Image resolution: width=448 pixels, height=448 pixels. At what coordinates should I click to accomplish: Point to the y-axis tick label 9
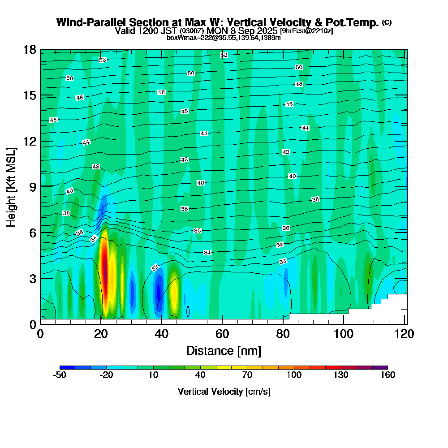(x=33, y=186)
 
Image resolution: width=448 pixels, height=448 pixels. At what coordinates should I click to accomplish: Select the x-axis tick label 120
(x=398, y=334)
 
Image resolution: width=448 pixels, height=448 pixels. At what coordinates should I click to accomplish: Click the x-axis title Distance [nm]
(x=224, y=350)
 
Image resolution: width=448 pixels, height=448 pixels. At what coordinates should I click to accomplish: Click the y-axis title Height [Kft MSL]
(x=12, y=186)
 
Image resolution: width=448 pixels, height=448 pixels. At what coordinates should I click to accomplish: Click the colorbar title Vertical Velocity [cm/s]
(x=224, y=392)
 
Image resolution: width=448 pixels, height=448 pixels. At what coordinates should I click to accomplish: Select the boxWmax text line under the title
(x=224, y=38)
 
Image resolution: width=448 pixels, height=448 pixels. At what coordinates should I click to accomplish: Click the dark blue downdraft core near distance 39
(x=157, y=291)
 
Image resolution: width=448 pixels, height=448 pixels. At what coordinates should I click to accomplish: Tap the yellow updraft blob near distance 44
(x=174, y=291)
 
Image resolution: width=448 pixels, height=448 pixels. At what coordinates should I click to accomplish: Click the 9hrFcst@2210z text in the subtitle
(x=306, y=31)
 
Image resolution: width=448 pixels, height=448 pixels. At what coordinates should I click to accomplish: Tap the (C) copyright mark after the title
(x=387, y=22)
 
